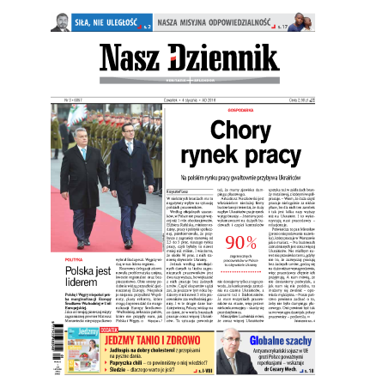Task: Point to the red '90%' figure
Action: tap(241, 241)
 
